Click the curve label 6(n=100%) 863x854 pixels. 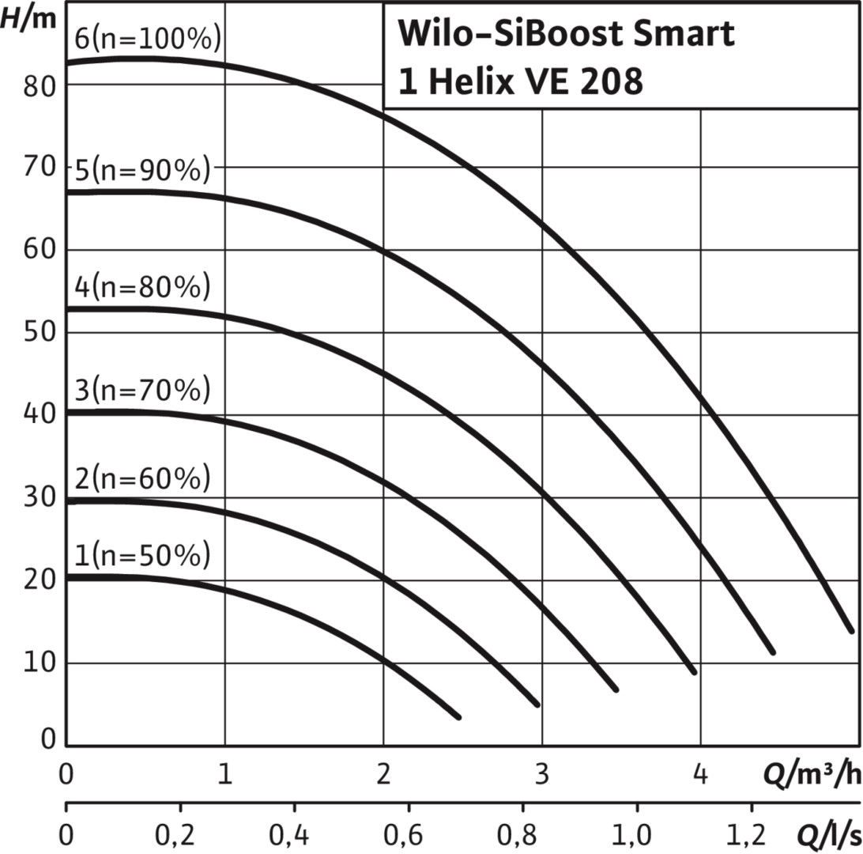147,39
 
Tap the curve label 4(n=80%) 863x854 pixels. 143,287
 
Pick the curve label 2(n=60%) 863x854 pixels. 143,479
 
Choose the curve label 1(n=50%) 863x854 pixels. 143,557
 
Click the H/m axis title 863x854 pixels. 29,18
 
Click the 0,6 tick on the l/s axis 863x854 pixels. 407,835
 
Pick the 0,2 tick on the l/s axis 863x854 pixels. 180,835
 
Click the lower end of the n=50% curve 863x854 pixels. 458,716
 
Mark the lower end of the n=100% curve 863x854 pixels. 851,629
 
